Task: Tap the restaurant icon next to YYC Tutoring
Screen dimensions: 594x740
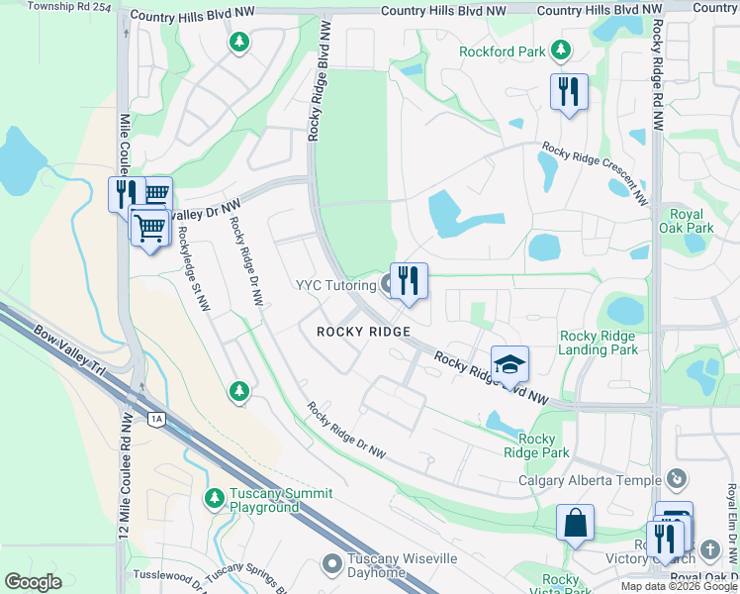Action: [x=408, y=281]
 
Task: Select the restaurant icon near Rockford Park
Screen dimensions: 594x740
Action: [x=569, y=93]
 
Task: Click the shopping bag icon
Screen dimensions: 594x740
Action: [x=575, y=523]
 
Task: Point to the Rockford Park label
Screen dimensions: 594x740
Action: [x=503, y=50]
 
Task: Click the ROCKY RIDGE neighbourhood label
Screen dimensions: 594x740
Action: [x=362, y=332]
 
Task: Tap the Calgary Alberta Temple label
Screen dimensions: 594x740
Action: [x=590, y=481]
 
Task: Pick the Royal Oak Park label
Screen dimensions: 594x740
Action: [x=687, y=221]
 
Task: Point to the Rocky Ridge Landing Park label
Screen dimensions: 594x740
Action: [x=598, y=343]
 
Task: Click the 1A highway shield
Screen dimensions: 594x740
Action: [x=156, y=419]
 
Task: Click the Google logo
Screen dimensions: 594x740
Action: [x=33, y=582]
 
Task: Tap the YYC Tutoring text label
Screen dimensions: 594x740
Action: [x=333, y=285]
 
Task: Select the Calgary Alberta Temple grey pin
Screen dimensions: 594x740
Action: [x=677, y=479]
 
